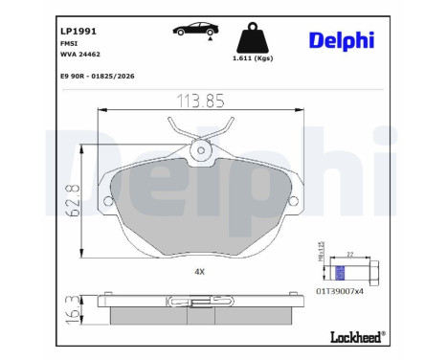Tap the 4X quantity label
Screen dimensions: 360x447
(x=200, y=272)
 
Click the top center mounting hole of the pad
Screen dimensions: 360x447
(x=201, y=149)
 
